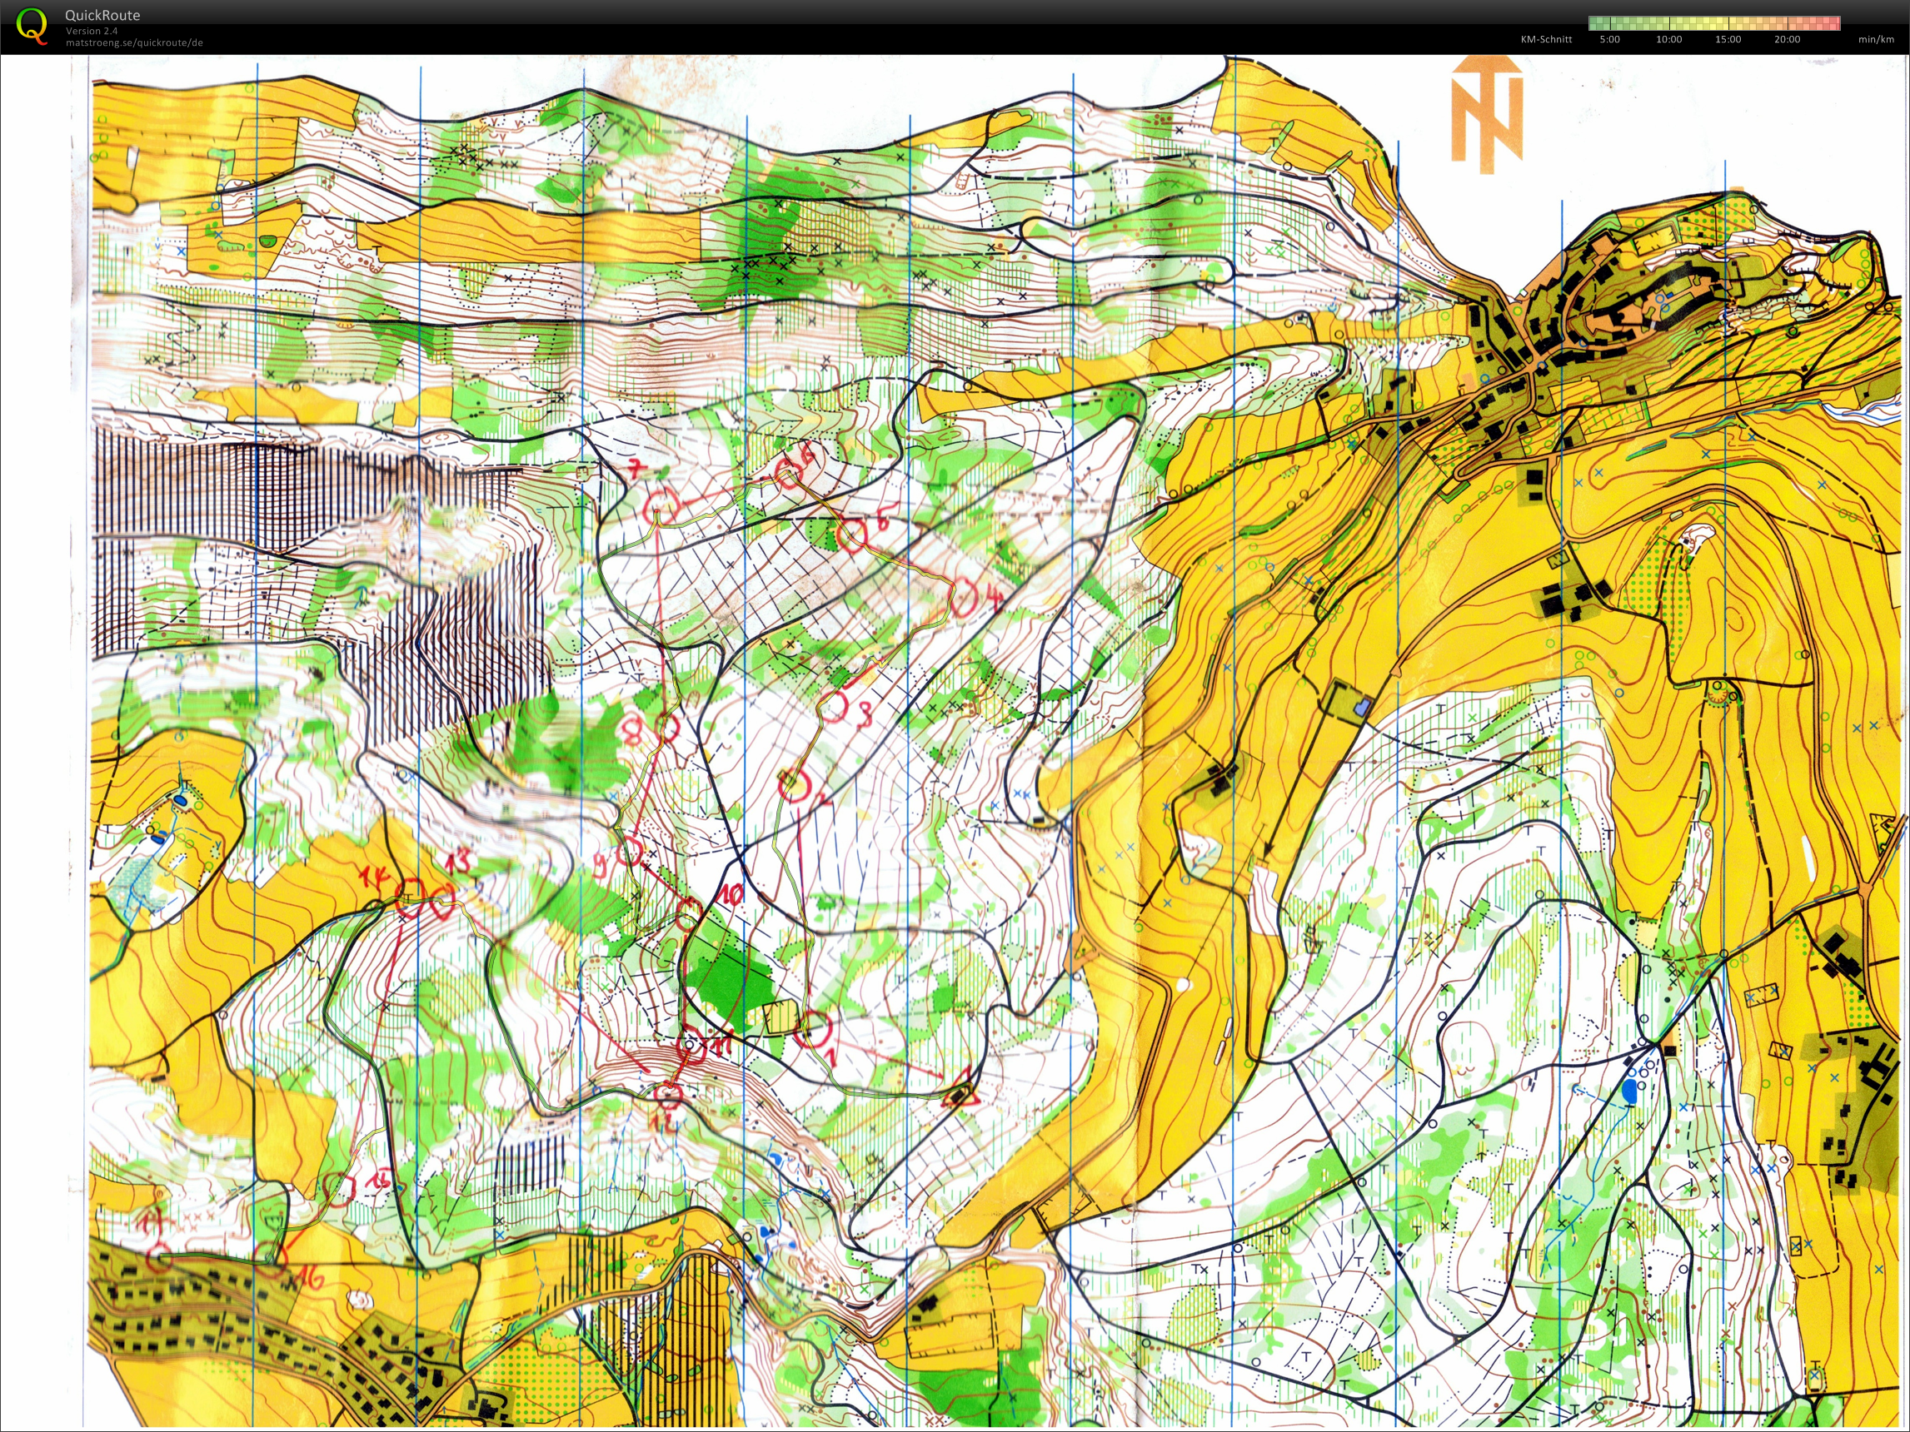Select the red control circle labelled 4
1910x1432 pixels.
(965, 597)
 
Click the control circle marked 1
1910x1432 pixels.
(811, 1030)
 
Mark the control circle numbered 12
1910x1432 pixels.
(667, 1096)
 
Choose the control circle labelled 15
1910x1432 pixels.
(337, 1190)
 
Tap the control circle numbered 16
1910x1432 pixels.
(269, 1259)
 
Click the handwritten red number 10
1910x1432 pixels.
(731, 894)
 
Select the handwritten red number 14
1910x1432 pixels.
(375, 878)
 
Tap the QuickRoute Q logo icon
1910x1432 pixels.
(31, 26)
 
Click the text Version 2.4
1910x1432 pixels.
(92, 30)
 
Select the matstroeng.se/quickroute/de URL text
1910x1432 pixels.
(134, 42)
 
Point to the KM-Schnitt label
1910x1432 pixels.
(1546, 39)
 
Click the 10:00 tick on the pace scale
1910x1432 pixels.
(1668, 39)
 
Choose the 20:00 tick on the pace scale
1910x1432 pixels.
(1787, 39)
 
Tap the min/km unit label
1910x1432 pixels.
(1877, 39)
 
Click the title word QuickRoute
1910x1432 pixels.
(102, 15)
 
